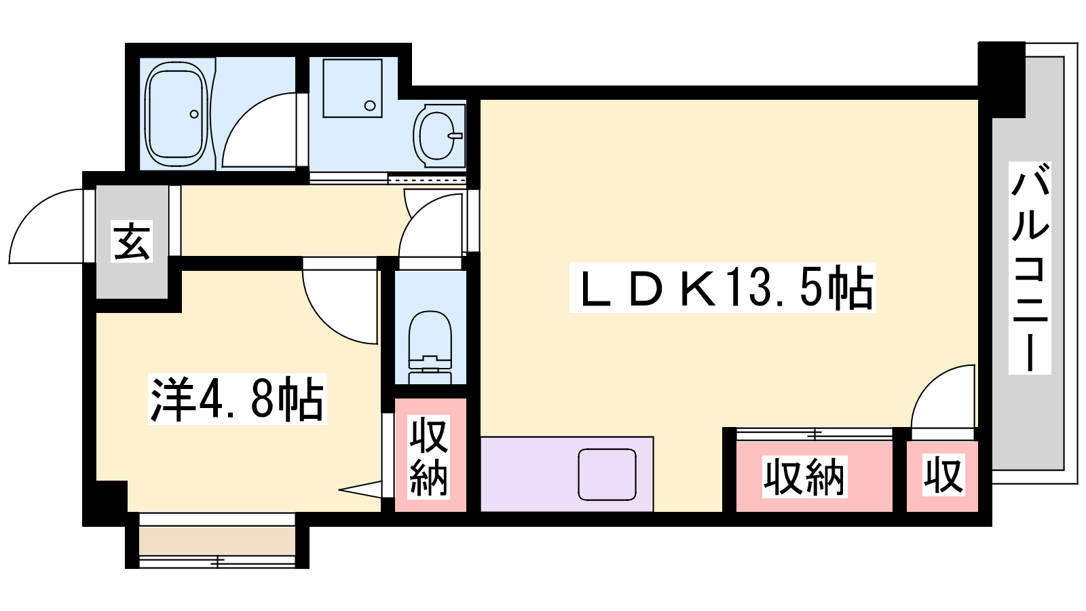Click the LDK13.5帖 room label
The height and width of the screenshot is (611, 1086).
pyautogui.click(x=722, y=287)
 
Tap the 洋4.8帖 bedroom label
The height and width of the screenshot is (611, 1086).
pyautogui.click(x=237, y=399)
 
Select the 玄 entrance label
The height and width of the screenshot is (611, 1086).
pyautogui.click(x=132, y=241)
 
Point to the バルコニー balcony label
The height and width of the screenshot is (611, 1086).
pyautogui.click(x=1030, y=267)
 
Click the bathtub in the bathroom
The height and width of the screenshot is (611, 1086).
pyautogui.click(x=177, y=114)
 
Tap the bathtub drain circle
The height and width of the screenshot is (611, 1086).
pyautogui.click(x=194, y=114)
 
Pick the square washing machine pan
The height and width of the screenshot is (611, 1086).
pyautogui.click(x=352, y=88)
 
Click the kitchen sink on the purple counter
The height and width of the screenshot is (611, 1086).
pyautogui.click(x=607, y=475)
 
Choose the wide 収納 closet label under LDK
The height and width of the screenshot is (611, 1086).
pyautogui.click(x=804, y=477)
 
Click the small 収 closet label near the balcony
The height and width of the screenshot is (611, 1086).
pyautogui.click(x=943, y=475)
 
